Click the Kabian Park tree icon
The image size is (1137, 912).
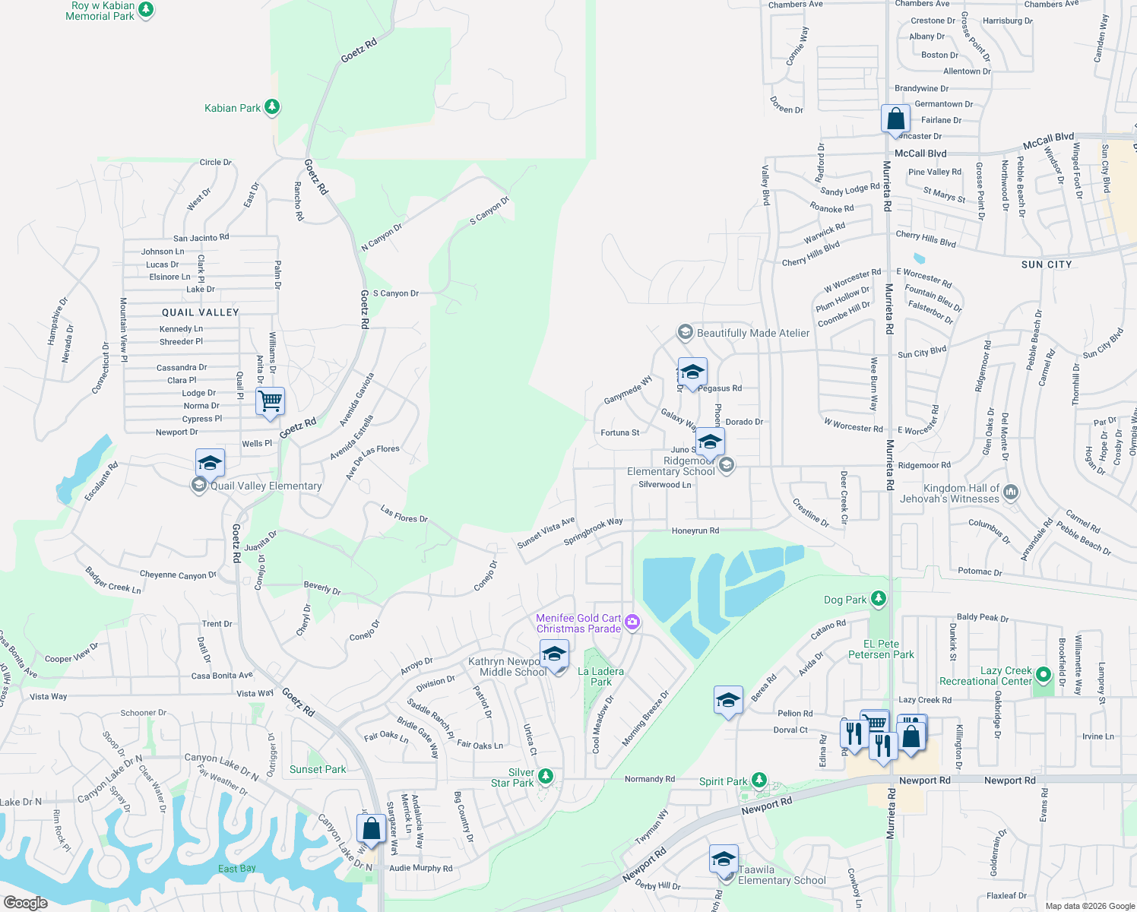[272, 108]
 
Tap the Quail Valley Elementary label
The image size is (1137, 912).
[265, 486]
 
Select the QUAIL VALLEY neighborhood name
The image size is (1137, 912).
[201, 312]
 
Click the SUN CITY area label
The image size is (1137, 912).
[1047, 264]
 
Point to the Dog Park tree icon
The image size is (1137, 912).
[879, 600]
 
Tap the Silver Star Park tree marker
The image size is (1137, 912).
[545, 777]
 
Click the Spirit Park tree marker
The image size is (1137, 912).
[759, 781]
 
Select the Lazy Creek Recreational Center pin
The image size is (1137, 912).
[1043, 673]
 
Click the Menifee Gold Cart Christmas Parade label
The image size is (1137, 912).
[578, 623]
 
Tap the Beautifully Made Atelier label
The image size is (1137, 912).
[752, 333]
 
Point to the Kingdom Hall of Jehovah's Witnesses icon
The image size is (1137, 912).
[1011, 492]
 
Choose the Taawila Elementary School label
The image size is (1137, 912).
[781, 875]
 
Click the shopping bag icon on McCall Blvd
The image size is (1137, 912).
[896, 119]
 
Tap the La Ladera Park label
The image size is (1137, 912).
[600, 676]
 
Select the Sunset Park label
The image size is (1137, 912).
[318, 769]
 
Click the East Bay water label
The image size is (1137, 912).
[236, 868]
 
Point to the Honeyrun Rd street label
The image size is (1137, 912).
[695, 530]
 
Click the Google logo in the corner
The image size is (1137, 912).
[25, 902]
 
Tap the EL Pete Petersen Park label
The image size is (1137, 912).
[881, 649]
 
